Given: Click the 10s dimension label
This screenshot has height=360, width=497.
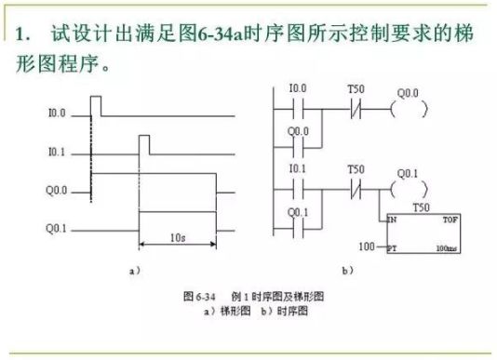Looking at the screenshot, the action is pos(178,238).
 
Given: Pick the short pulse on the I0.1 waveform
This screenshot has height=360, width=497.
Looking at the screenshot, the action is pos(143,143).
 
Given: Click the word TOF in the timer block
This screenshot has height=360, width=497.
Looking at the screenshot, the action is pos(450,219).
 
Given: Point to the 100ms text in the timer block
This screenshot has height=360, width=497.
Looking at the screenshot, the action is pos(449,249).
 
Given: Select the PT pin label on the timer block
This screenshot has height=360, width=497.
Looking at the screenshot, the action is pos(391,249).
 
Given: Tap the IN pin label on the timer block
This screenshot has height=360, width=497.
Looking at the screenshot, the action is pos(391,219).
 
